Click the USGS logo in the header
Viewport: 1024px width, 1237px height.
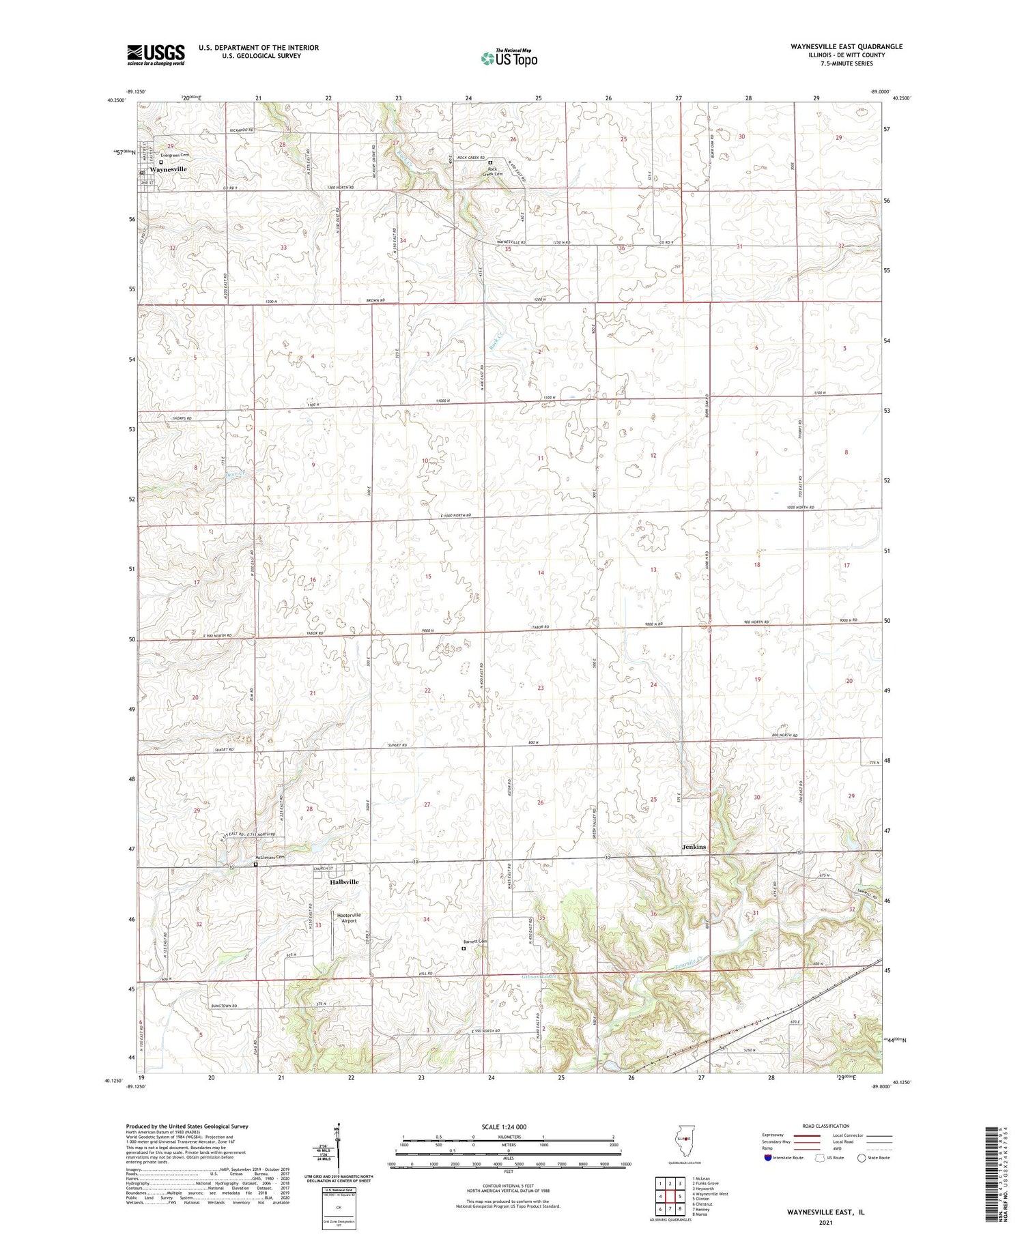click(156, 55)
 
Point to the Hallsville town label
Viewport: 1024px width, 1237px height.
click(344, 882)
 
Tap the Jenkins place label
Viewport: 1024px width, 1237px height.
click(694, 847)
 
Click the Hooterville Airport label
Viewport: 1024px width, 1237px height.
click(349, 918)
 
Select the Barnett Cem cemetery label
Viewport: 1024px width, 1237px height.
click(476, 942)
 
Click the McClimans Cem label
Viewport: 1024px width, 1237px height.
click(269, 858)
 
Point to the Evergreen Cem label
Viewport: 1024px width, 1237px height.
click(175, 156)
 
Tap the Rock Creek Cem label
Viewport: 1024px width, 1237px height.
click(492, 171)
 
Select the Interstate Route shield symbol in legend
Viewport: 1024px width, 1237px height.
click(769, 1157)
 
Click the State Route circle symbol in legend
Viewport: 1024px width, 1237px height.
click(862, 1157)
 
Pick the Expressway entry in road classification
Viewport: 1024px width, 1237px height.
click(776, 1135)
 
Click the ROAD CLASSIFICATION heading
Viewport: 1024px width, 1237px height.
click(826, 1126)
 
